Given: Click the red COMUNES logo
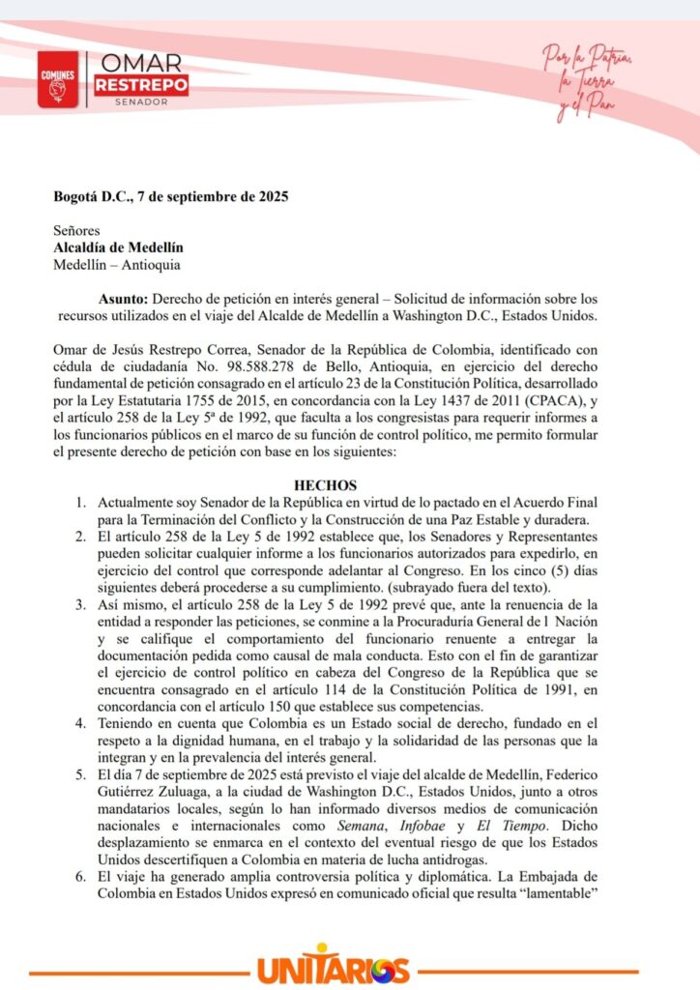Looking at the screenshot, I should click(x=58, y=79).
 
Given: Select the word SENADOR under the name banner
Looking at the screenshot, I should click(x=140, y=102).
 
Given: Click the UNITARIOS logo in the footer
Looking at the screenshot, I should click(x=334, y=967).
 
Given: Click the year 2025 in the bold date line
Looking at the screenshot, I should click(x=269, y=196).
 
